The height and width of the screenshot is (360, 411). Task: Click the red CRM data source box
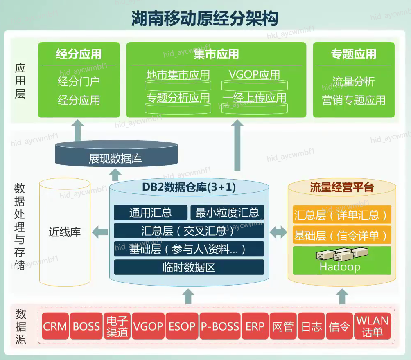click(x=55, y=326)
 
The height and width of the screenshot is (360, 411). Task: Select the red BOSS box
click(x=86, y=326)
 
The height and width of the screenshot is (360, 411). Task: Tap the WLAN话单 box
click(x=372, y=326)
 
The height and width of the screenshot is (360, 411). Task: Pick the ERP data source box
click(x=255, y=326)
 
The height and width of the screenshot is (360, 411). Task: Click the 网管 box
click(x=283, y=326)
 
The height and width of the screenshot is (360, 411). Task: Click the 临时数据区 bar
click(x=189, y=268)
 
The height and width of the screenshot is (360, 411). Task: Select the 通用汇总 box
click(x=150, y=213)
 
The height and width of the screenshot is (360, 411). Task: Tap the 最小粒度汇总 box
click(x=227, y=213)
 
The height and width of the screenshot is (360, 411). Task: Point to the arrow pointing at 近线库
click(x=100, y=232)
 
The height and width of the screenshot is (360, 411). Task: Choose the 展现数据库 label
click(x=115, y=159)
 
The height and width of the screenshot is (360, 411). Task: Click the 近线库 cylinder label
click(x=65, y=232)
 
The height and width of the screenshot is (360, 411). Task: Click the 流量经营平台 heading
click(x=342, y=188)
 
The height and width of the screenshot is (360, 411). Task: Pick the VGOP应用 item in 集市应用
click(x=254, y=75)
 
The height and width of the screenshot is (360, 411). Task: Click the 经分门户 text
click(x=79, y=81)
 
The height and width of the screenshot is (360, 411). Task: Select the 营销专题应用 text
click(x=353, y=100)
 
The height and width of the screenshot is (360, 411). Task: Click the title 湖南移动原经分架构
click(x=205, y=18)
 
